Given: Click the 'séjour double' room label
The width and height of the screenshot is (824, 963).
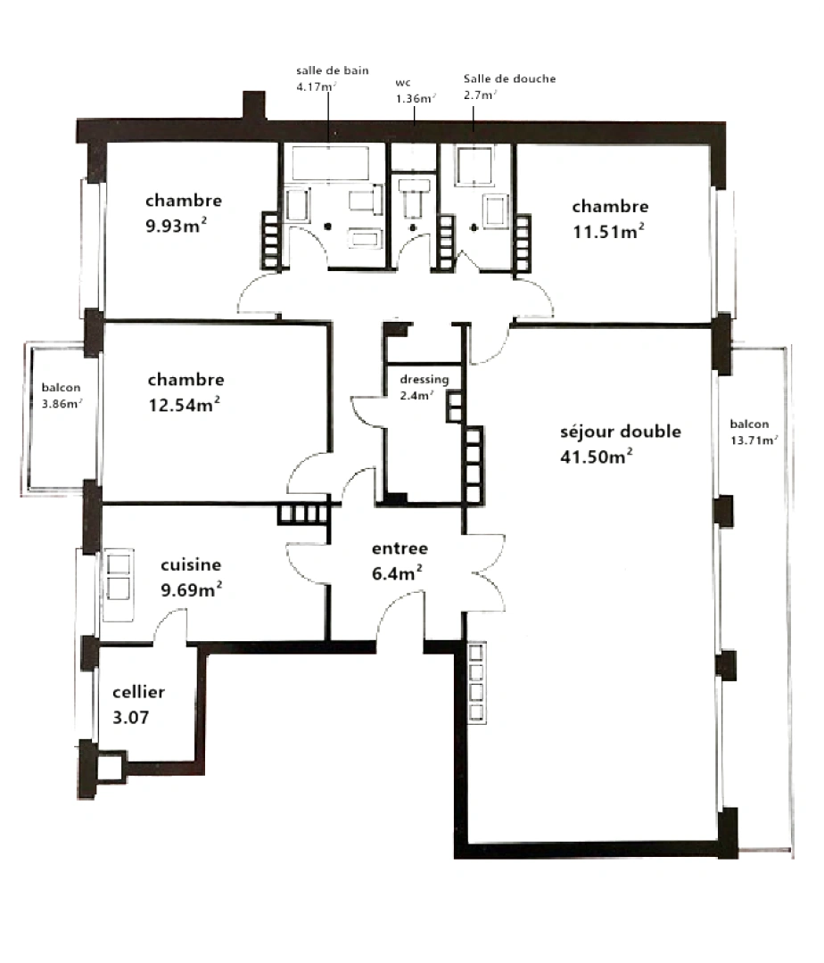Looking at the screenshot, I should coord(620,432).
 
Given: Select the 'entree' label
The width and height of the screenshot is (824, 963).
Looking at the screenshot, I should coord(400,548).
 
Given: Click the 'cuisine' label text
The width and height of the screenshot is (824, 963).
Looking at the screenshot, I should coord(191,564).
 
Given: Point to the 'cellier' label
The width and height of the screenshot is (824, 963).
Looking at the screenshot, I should coord(138,692).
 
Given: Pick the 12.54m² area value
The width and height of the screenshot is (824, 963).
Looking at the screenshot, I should coord(184,405).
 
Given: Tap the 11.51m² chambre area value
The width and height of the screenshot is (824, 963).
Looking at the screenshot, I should coord(608,232).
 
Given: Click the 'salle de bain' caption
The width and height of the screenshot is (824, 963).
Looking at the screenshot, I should coord(332,70).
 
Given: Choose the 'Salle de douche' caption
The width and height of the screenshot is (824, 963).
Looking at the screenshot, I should coord(509,78).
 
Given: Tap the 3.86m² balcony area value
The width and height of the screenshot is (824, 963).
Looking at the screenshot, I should coord(62,403).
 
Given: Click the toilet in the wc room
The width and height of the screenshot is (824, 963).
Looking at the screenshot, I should coord(414,201).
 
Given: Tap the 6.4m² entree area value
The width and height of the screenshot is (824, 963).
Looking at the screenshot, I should coord(398,573).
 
